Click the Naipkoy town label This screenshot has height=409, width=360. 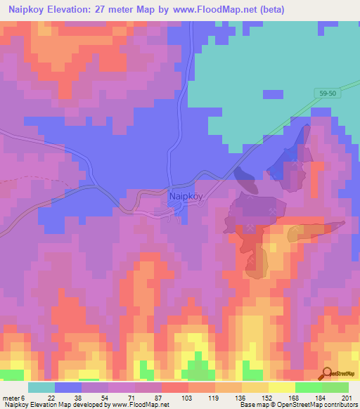coord(186,197)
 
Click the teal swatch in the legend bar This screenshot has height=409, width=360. coord(41,387)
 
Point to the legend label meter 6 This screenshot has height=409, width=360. coord(13,398)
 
